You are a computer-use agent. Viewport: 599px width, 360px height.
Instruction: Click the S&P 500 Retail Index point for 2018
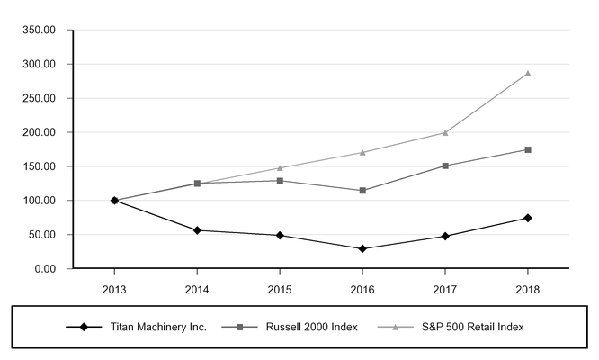527,73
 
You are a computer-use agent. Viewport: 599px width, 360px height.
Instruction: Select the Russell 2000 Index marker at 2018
527,149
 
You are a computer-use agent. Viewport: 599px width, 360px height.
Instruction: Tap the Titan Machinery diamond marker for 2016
362,248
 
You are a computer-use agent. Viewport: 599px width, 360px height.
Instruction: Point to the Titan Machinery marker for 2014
197,230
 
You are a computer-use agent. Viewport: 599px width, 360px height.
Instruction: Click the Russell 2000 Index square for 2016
362,191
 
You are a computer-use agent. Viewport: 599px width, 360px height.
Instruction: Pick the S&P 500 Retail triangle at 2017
445,132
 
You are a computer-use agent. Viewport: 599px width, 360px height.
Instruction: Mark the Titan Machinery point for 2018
527,218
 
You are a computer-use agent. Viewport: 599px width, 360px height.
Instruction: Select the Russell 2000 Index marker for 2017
445,166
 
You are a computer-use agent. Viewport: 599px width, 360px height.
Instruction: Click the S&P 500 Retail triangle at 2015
280,167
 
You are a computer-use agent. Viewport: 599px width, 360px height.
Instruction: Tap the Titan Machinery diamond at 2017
445,236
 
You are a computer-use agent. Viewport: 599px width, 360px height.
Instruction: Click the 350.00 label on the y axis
38,30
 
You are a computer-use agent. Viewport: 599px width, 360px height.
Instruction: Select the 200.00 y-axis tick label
38,132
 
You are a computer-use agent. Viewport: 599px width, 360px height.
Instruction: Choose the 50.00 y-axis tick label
40,235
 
